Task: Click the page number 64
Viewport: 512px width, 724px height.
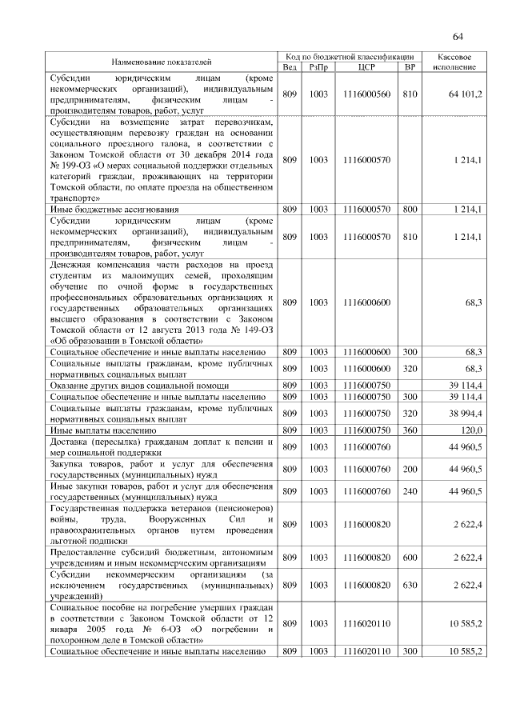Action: click(x=458, y=36)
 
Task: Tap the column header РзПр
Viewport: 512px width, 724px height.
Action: click(x=318, y=67)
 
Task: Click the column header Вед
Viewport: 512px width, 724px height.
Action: click(x=290, y=67)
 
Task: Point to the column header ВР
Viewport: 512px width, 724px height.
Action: click(x=410, y=67)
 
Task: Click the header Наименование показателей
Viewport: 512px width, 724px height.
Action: click(x=162, y=62)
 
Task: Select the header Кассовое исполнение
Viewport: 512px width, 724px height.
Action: click(x=459, y=62)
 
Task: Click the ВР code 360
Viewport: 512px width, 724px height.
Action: click(x=410, y=430)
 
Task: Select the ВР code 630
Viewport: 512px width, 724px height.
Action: click(x=410, y=585)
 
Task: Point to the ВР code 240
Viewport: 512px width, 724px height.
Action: click(x=410, y=490)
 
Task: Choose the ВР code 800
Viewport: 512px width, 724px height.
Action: click(x=410, y=210)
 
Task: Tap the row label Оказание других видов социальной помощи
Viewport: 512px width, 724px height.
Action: click(x=137, y=386)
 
